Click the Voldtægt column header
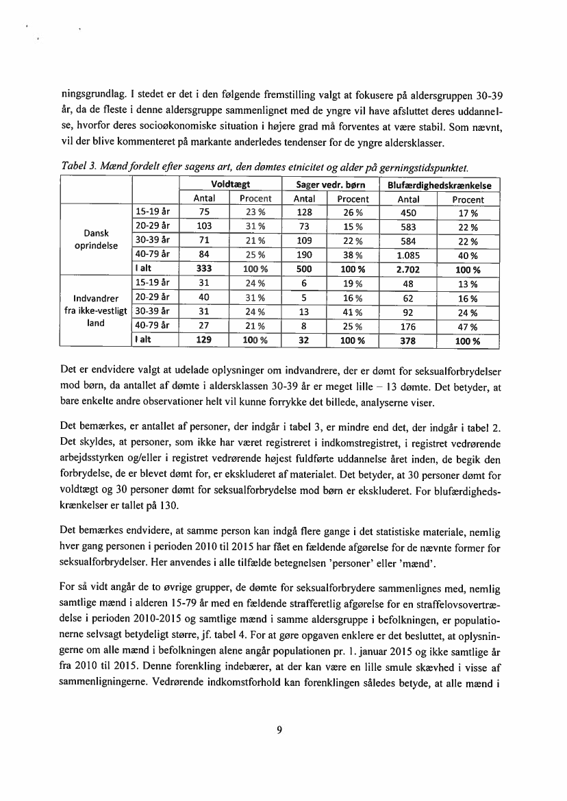pos(230,185)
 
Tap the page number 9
pos(279,730)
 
